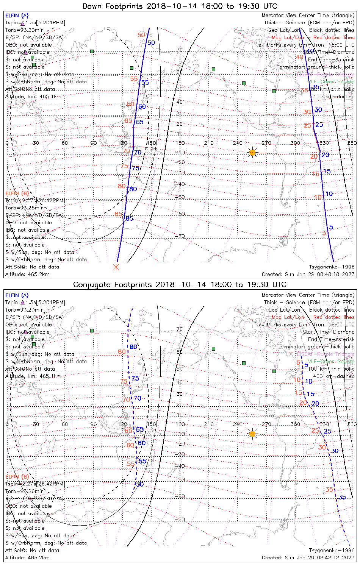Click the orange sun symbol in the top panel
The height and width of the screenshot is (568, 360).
[252, 153]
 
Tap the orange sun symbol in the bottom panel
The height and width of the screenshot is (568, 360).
[252, 434]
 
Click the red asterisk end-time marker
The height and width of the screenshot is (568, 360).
[116, 267]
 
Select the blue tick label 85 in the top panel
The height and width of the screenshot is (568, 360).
[130, 218]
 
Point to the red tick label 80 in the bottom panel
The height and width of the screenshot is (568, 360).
[122, 352]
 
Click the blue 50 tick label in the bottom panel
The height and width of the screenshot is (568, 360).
[140, 484]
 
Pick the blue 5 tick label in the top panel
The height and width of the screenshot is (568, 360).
[331, 227]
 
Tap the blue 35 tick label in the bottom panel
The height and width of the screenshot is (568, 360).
[342, 497]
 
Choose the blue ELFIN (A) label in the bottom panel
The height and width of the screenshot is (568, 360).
[17, 295]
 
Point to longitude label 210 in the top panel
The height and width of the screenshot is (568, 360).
[209, 143]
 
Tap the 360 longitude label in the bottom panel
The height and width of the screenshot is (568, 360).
[352, 424]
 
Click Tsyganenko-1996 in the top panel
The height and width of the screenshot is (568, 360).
[332, 267]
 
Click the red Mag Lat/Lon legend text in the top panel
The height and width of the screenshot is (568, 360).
[288, 37]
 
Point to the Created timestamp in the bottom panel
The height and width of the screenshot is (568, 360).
[308, 557]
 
